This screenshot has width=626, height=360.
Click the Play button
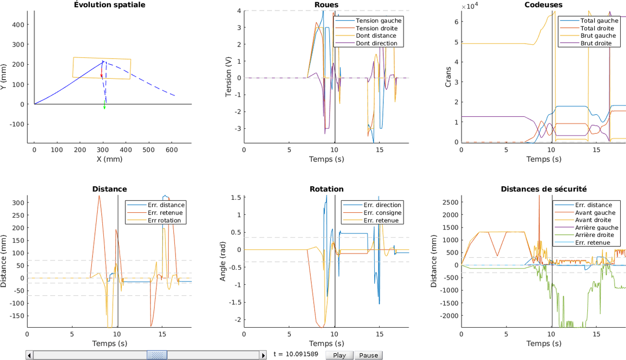coord(339,355)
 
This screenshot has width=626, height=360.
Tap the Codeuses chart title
coord(544,5)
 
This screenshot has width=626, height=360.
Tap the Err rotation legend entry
coord(164,220)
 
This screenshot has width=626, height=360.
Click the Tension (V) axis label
coord(228,77)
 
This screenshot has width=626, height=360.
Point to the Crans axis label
coord(448,77)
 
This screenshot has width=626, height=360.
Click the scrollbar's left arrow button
coord(30,355)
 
